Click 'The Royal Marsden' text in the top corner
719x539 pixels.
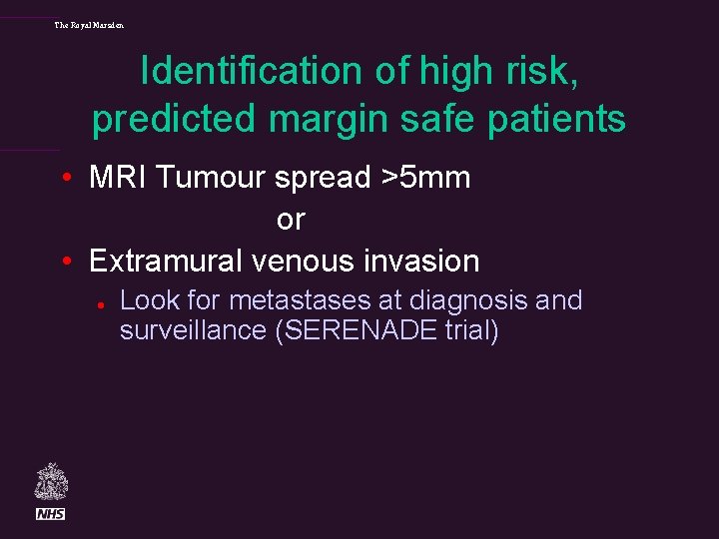(x=89, y=25)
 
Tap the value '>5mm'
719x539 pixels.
(x=426, y=178)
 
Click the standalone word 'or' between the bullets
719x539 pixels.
(x=291, y=219)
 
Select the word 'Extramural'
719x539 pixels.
(x=167, y=262)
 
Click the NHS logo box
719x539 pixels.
(x=50, y=513)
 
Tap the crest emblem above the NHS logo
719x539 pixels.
(x=50, y=482)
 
